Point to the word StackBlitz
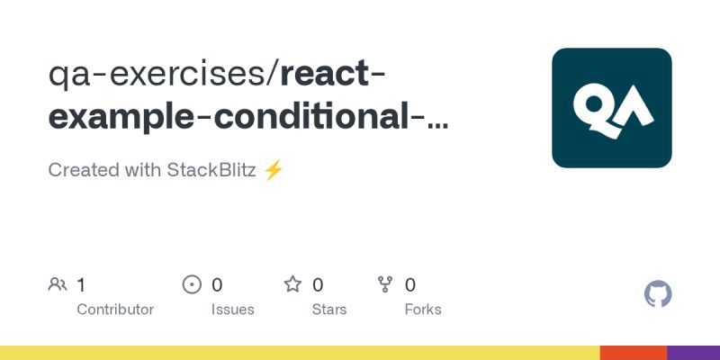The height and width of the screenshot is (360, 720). [x=211, y=170]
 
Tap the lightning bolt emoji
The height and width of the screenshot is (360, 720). [x=274, y=170]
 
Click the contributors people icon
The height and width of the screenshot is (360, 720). [x=58, y=285]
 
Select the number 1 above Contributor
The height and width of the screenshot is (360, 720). [x=81, y=285]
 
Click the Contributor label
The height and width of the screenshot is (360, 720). [x=115, y=310]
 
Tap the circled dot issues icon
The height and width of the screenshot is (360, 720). [x=192, y=285]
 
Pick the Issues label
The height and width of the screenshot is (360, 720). [x=232, y=310]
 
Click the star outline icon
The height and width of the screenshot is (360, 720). [x=292, y=285]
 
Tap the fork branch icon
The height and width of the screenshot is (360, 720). [x=386, y=285]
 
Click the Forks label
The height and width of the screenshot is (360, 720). [x=423, y=310]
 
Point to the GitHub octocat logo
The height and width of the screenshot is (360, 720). [x=659, y=294]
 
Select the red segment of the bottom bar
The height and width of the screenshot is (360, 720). [x=634, y=353]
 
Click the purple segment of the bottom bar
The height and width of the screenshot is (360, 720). [x=693, y=353]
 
